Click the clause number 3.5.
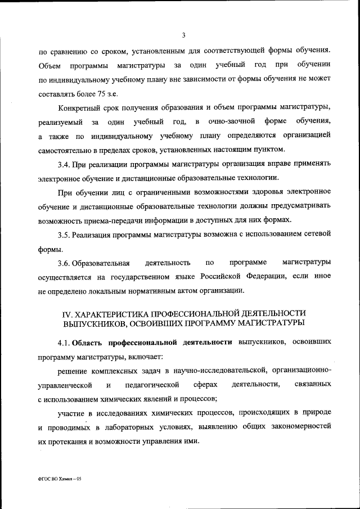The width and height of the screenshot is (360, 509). [x=64, y=234]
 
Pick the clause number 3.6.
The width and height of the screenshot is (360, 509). [x=64, y=263]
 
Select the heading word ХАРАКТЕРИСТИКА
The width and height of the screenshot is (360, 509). [x=119, y=313]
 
